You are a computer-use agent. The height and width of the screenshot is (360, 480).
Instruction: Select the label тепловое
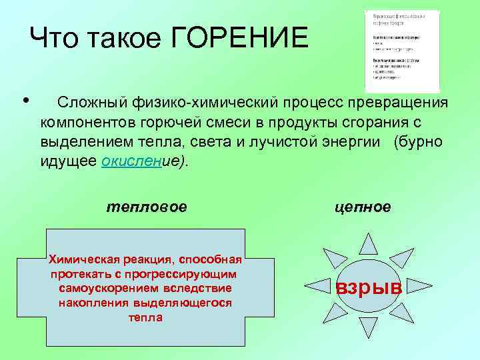(147, 207)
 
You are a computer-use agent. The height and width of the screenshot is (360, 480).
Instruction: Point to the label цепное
(363, 207)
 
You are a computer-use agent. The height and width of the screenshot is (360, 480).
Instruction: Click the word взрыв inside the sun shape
(369, 288)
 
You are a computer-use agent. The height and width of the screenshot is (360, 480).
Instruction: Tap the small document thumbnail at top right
(402, 51)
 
